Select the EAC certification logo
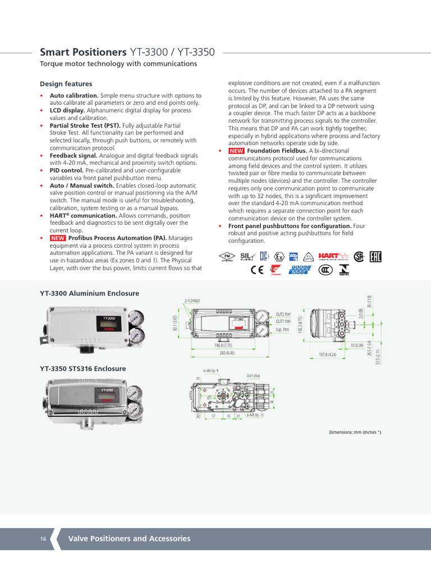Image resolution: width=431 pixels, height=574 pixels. pos(375,257)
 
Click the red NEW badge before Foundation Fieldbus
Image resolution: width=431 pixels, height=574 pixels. pos(236,151)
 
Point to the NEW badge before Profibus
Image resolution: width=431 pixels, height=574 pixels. pos(58,238)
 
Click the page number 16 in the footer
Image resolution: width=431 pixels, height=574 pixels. pos(43,539)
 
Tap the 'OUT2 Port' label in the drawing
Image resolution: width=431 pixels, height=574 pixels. pos(283,314)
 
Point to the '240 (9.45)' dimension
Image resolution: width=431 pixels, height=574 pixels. pos(227,353)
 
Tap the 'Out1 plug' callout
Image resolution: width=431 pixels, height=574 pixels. pos(254,376)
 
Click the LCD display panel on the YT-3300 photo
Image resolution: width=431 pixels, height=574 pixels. pos(108,324)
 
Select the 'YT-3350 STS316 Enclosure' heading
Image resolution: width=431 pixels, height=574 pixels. pos(82,369)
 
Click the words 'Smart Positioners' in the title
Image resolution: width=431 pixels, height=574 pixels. pos(83,52)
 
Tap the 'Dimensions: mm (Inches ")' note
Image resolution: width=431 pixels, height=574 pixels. pos(355,432)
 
